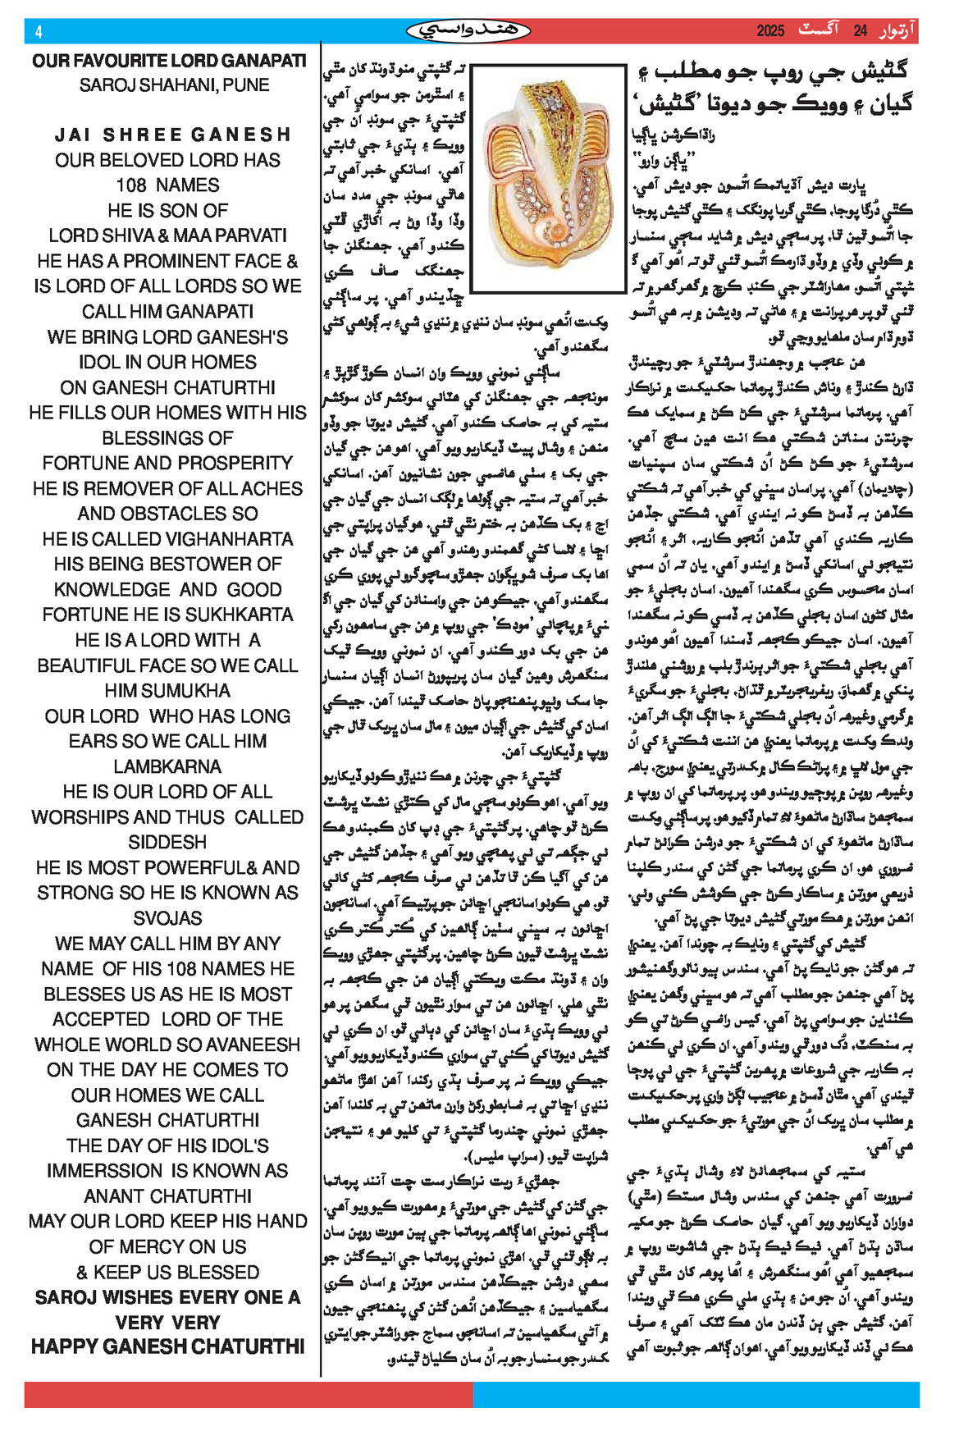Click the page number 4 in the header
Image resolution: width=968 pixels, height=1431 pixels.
[39, 32]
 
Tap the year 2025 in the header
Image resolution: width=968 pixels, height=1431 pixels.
[770, 32]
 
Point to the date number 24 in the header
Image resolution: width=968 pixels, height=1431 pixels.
[860, 32]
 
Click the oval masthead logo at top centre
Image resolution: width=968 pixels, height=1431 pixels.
[468, 31]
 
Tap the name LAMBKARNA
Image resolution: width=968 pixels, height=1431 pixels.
[167, 767]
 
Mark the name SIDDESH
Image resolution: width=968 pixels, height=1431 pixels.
[167, 843]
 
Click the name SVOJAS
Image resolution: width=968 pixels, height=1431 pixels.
[167, 918]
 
